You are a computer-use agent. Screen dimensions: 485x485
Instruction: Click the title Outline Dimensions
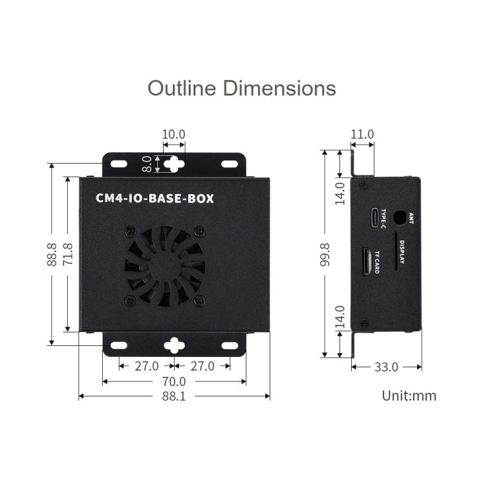242,87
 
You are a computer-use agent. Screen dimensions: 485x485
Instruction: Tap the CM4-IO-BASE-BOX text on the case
155,199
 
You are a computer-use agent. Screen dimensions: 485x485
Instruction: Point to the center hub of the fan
165,266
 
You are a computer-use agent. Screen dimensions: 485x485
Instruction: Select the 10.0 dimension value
173,135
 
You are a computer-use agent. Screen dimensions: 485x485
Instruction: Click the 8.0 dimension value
147,164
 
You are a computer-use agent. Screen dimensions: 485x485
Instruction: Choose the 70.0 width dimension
173,382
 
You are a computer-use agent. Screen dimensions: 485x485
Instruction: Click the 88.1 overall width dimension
173,396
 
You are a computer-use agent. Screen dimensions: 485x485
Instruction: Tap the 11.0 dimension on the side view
362,135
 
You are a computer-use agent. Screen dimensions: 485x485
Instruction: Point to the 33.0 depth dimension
386,367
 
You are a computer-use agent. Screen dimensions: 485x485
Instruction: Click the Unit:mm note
409,396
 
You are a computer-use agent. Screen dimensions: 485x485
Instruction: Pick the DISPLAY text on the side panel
402,252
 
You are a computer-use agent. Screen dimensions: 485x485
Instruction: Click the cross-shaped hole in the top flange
173,164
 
